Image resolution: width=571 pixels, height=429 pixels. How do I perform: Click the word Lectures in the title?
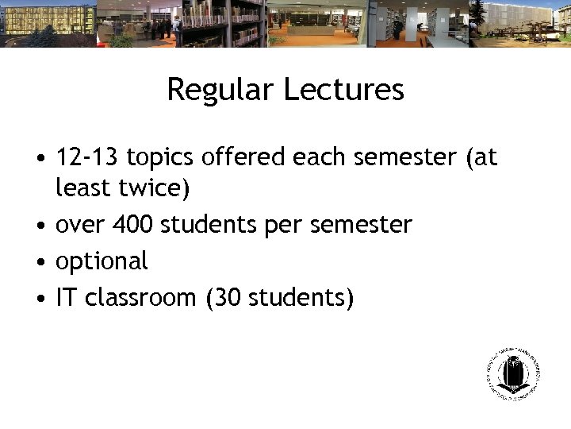click(x=343, y=90)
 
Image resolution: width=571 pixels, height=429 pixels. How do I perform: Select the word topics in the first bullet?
click(x=161, y=158)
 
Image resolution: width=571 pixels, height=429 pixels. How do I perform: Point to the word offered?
click(x=244, y=157)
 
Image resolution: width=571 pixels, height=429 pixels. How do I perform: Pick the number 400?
click(x=134, y=225)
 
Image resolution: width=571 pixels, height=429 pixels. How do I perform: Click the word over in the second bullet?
click(x=81, y=226)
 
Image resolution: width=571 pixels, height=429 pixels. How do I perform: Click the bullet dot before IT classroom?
click(x=40, y=299)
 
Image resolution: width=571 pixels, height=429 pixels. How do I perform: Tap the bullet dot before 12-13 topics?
click(x=40, y=159)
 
